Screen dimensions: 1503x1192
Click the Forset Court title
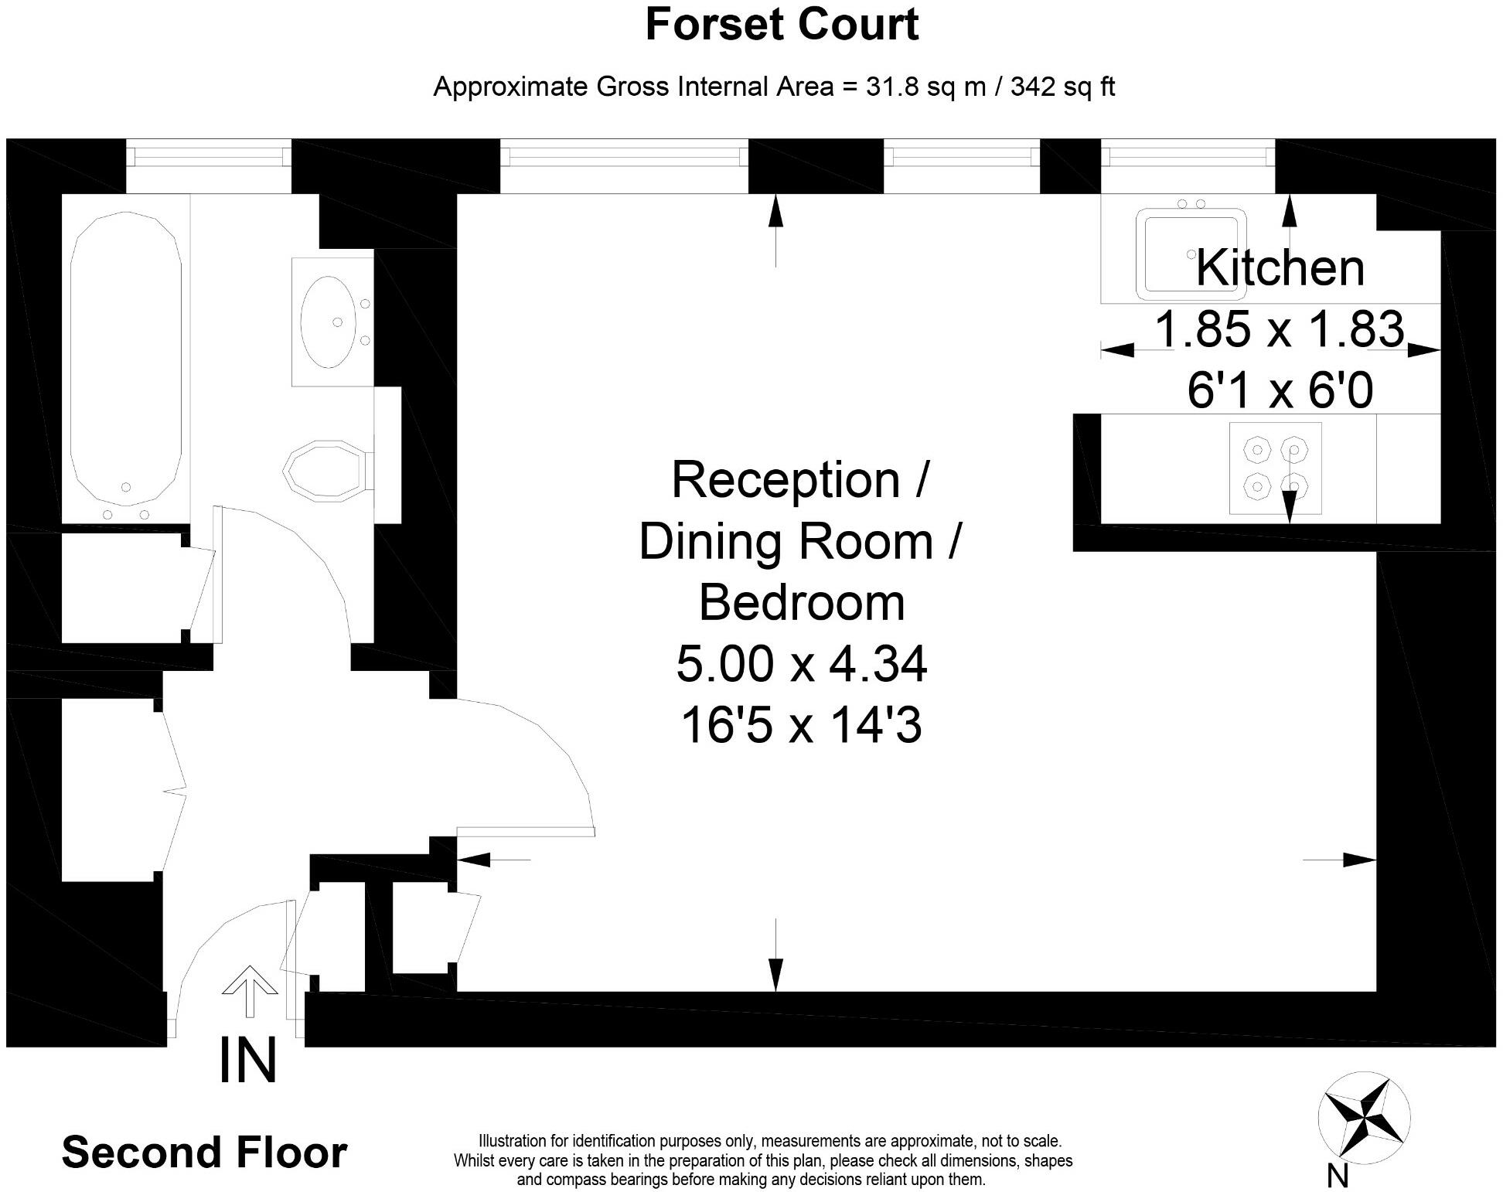click(782, 24)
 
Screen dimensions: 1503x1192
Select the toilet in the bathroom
click(329, 468)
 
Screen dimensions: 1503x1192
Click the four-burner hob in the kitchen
click(1275, 468)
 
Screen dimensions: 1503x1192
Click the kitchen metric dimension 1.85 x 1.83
click(1279, 329)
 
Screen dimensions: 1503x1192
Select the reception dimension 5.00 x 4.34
click(802, 664)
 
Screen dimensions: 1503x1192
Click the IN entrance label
click(248, 1061)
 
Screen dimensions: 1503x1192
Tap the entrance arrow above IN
click(250, 991)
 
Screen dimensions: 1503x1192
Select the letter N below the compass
click(1338, 1176)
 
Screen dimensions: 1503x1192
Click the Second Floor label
click(204, 1153)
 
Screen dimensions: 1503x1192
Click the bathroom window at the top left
click(209, 157)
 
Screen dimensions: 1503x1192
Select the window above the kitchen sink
click(1188, 157)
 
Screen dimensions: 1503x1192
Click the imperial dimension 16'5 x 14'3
click(802, 726)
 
